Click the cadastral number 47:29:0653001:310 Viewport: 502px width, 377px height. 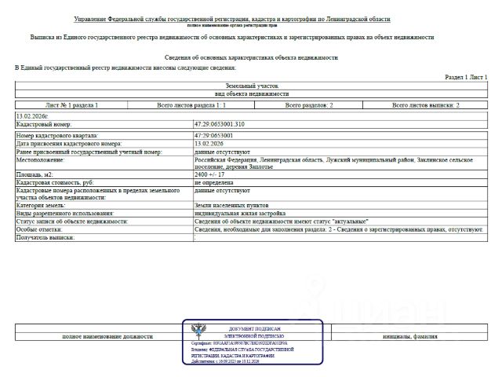[x=220, y=125]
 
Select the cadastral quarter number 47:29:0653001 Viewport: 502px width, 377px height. [x=213, y=136]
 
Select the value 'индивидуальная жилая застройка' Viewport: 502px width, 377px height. [x=235, y=213]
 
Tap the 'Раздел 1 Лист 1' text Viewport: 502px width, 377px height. [x=466, y=78]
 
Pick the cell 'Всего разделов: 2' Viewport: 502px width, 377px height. [x=308, y=104]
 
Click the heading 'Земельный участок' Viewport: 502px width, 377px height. [x=251, y=86]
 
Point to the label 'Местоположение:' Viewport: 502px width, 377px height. [x=40, y=159]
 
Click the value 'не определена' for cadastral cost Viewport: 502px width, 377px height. [x=213, y=181]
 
